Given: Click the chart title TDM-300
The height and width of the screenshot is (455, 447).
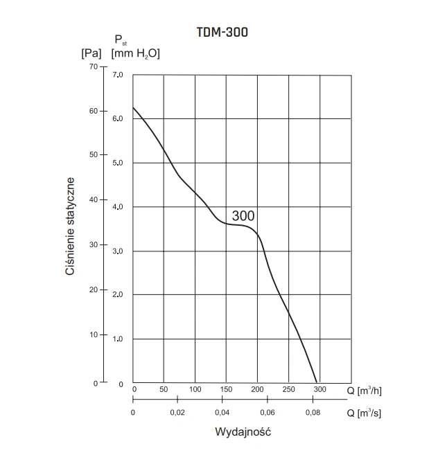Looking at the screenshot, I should pos(222,32).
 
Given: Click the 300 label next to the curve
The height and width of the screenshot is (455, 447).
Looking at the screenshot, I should pos(243,216).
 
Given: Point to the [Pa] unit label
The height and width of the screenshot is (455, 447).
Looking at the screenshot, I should pos(91,52).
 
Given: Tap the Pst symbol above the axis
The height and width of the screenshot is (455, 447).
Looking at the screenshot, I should pos(120,40).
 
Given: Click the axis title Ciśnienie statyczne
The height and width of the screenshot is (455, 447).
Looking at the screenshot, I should pos(70,226).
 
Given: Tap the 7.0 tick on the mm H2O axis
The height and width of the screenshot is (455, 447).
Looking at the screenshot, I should pos(118,74).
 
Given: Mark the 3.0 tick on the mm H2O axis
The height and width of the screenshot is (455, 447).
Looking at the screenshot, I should pos(118,251).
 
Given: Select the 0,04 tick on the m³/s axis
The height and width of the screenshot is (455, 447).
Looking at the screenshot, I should pos(222,413).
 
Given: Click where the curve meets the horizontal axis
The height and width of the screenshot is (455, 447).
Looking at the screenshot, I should pos(317,382).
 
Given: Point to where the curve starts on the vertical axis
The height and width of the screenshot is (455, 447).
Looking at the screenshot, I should pos(133,107).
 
